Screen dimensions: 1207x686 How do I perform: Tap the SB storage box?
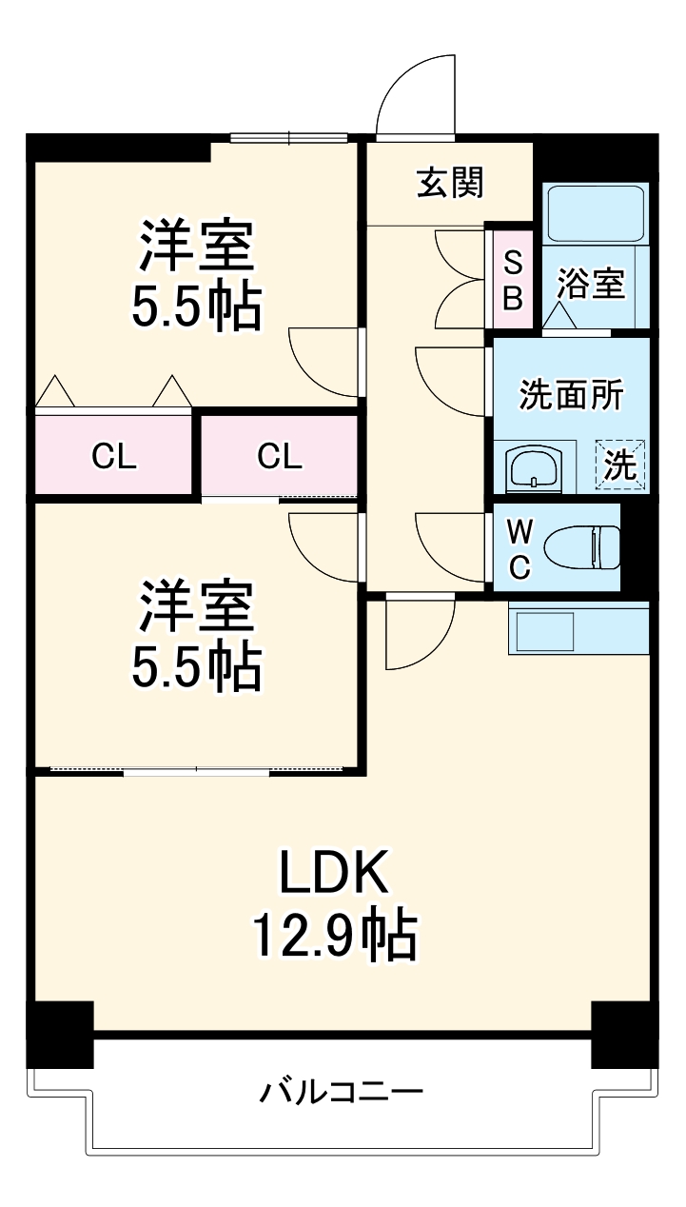tap(512, 280)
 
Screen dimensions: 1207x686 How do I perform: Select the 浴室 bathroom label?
tap(591, 283)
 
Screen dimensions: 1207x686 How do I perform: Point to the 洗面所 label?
tap(570, 394)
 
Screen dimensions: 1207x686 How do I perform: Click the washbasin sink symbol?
tap(535, 468)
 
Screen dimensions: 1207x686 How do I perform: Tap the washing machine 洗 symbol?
tap(620, 464)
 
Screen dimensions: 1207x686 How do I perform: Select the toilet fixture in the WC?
tap(580, 547)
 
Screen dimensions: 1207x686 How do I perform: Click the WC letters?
tap(519, 547)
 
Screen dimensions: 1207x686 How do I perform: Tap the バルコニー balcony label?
tap(342, 1091)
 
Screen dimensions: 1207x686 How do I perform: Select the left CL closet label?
tap(114, 457)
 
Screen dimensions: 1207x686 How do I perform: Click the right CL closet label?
tap(280, 457)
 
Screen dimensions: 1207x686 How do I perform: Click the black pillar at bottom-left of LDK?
tap(60, 1034)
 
